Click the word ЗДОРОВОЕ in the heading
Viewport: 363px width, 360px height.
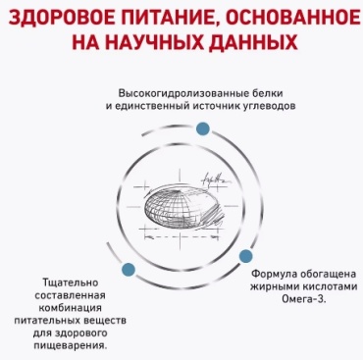tap(61, 19)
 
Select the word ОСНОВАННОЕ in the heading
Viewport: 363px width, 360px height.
tap(291, 19)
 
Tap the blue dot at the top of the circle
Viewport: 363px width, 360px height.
tap(203, 129)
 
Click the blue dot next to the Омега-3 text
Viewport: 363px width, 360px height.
tap(245, 256)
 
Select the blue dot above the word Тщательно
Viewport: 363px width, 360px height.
tap(129, 270)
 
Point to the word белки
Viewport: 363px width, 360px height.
tap(268, 93)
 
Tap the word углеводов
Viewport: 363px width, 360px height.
tap(268, 106)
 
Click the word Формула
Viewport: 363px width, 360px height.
tap(275, 274)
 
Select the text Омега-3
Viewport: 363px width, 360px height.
tap(304, 299)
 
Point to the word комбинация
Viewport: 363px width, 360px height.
tap(71, 308)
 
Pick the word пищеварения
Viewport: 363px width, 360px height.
tap(71, 346)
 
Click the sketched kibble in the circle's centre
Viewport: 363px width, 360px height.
tap(183, 207)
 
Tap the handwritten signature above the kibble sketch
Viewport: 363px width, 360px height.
tap(217, 179)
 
